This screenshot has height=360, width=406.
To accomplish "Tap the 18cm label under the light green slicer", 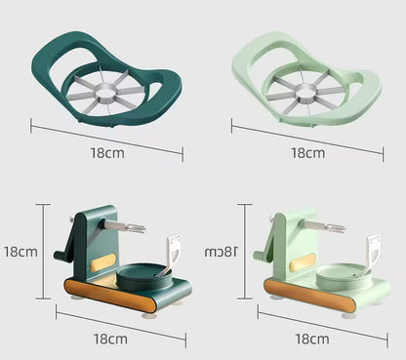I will (307, 153).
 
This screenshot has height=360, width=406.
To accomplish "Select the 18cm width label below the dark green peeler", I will (110, 339).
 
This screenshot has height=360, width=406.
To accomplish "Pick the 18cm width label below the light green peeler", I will (310, 339).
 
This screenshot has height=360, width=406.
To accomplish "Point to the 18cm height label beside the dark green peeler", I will (20, 251).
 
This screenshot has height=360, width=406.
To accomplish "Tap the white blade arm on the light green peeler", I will (371, 256).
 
